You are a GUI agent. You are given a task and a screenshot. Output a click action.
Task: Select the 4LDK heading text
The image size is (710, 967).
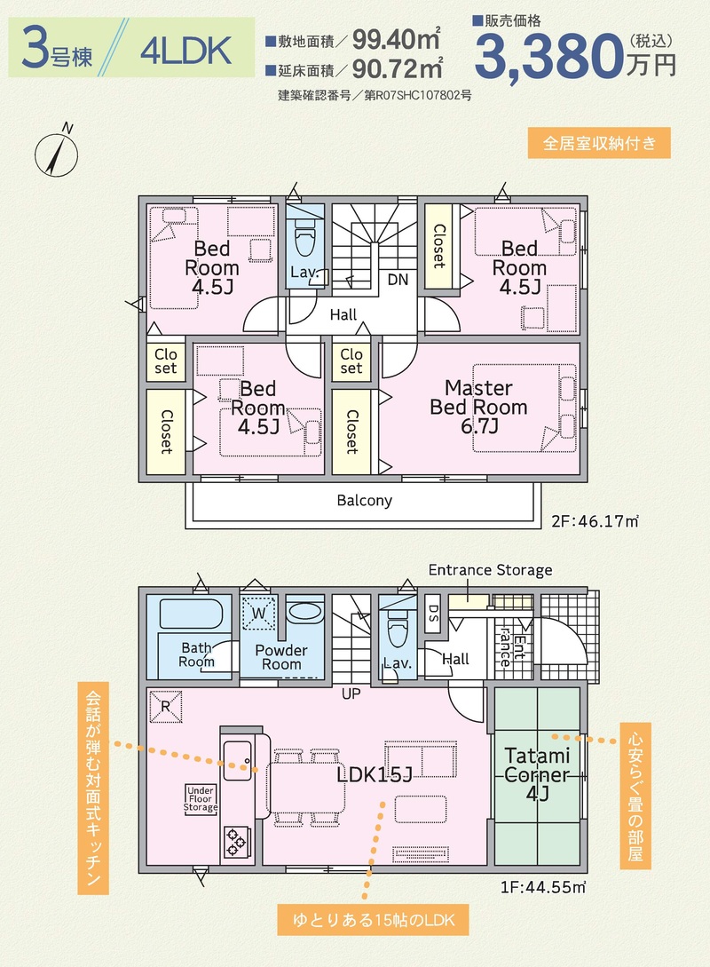click(186, 52)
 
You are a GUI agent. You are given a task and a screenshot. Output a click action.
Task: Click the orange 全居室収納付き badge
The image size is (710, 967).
click(599, 143)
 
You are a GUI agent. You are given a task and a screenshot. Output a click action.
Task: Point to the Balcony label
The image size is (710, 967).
click(364, 500)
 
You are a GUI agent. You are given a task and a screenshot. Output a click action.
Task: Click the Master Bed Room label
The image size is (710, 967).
click(479, 407)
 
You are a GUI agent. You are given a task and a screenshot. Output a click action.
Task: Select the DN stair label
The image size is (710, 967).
click(398, 280)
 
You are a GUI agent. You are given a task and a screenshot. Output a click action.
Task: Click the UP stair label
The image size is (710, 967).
click(351, 694)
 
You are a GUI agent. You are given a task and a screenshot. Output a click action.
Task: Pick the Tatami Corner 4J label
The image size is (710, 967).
click(538, 774)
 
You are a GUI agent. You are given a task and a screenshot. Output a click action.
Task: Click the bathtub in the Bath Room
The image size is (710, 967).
click(191, 614)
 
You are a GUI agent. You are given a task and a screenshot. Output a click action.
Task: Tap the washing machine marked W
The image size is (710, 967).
click(259, 613)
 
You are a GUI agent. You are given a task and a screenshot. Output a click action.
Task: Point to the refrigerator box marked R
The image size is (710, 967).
click(166, 706)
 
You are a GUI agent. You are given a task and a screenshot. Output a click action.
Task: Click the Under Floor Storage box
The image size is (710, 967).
click(201, 799)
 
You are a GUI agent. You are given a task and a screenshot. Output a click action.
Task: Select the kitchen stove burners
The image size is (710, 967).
click(236, 841)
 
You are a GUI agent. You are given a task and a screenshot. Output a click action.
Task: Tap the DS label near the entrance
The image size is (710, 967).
click(434, 614)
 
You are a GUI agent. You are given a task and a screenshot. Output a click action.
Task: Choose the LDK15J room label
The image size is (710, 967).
click(375, 774)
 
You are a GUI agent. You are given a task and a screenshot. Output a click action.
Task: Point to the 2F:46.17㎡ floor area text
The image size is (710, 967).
click(595, 521)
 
